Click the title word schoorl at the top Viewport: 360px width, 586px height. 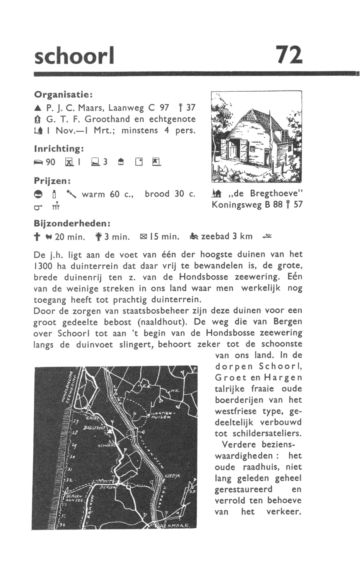click(x=74, y=55)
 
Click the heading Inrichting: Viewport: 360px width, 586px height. click(x=59, y=149)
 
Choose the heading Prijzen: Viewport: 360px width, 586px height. click(x=52, y=181)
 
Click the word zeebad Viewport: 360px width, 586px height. click(x=216, y=236)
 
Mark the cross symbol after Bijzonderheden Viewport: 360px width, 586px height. click(x=38, y=237)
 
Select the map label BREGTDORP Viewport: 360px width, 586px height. click(x=94, y=428)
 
